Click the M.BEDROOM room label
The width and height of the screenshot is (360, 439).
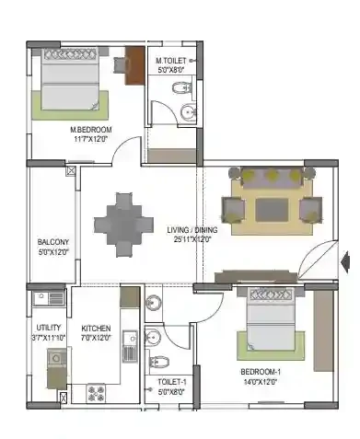pyautogui.click(x=91, y=130)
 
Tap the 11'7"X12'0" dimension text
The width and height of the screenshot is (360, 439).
pyautogui.click(x=90, y=139)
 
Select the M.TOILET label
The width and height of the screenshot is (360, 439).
pyautogui.click(x=170, y=61)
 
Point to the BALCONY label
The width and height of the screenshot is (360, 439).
pyautogui.click(x=53, y=242)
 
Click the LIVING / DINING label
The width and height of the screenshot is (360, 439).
pyautogui.click(x=192, y=230)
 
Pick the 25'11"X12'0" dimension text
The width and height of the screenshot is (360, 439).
pyautogui.click(x=192, y=239)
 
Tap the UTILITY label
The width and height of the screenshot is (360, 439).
pyautogui.click(x=49, y=328)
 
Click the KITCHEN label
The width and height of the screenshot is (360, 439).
pyautogui.click(x=96, y=329)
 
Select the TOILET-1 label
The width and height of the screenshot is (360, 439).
pyautogui.click(x=172, y=382)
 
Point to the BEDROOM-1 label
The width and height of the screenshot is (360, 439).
pyautogui.click(x=261, y=372)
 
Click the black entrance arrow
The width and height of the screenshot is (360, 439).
pyautogui.click(x=345, y=262)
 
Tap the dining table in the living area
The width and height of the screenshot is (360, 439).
pyautogui.click(x=123, y=225)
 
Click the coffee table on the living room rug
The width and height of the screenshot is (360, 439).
pyautogui.click(x=272, y=210)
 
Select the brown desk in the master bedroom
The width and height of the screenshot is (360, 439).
pyautogui.click(x=134, y=65)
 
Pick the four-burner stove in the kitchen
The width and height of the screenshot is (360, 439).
pyautogui.click(x=97, y=393)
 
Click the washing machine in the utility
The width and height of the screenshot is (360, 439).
pyautogui.click(x=56, y=358)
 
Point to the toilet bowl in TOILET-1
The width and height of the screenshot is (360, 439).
pyautogui.click(x=159, y=362)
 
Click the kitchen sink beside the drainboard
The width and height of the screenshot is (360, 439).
pyautogui.click(x=130, y=338)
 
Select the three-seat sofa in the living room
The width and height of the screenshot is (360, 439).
pyautogui.click(x=272, y=178)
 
